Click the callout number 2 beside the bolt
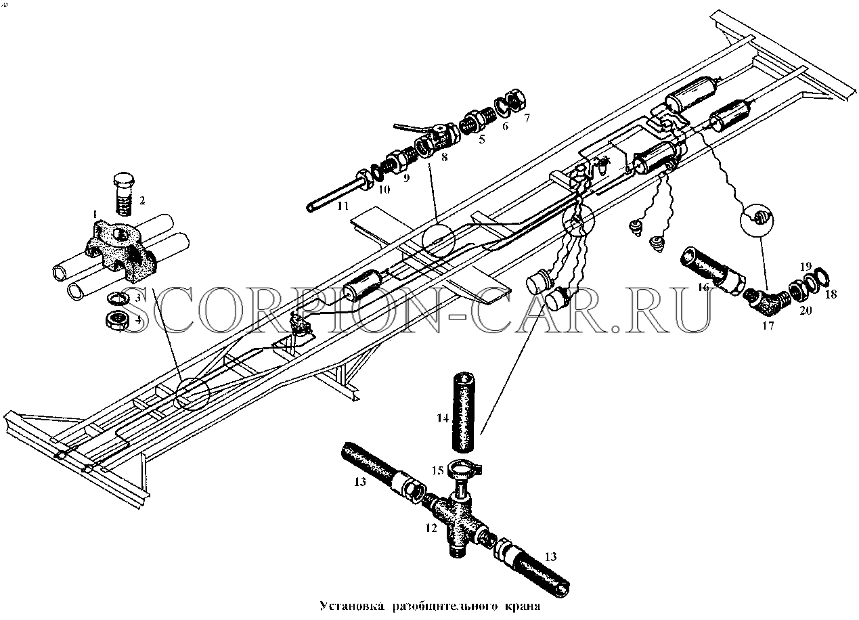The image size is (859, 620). point(142,200)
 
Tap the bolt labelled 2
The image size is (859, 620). point(123,194)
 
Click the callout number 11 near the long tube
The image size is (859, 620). point(343,206)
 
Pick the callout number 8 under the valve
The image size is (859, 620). point(444,157)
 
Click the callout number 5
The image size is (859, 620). point(482,139)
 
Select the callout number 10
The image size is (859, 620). point(384,190)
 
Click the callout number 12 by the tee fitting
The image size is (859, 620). point(431,529)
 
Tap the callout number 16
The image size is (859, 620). point(703,287)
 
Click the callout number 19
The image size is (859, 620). point(806,266)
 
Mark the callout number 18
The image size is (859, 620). point(831,294)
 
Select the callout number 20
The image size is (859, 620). point(806,310)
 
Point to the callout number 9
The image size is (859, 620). point(406,178)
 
